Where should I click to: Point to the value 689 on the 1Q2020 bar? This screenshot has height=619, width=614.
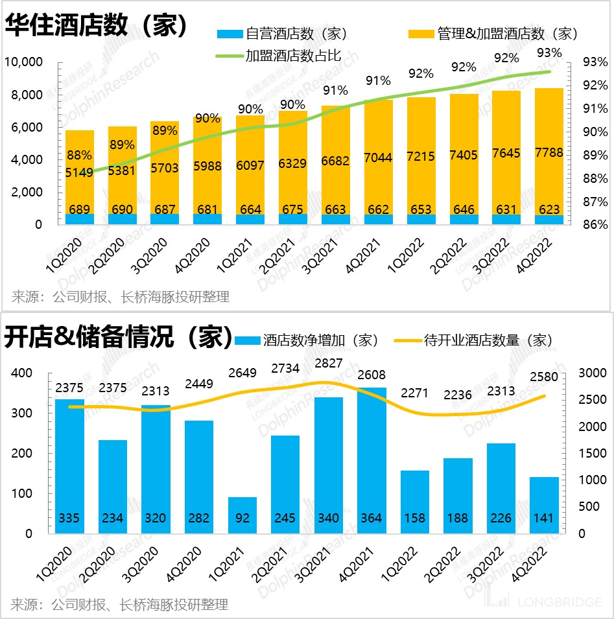click(79, 209)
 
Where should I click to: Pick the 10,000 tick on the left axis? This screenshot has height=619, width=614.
click(23, 62)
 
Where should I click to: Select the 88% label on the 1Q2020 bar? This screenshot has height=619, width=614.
click(79, 156)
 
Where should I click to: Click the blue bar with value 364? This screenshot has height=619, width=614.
click(372, 460)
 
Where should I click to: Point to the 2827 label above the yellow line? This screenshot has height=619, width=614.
click(329, 363)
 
